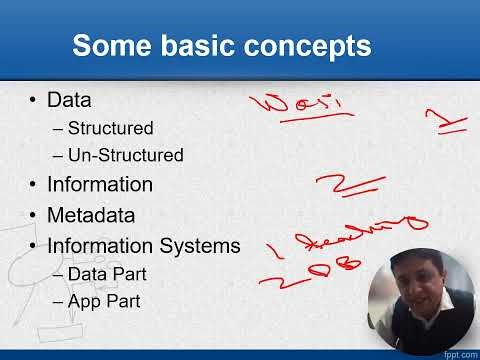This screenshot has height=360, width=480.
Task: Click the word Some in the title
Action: [113, 46]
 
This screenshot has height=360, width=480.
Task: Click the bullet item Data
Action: [70, 100]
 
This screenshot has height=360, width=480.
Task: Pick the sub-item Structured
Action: [110, 129]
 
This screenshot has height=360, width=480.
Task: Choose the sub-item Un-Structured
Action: [125, 156]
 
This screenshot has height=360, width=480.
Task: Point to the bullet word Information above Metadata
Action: [100, 185]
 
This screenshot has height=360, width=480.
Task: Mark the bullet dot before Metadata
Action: [34, 215]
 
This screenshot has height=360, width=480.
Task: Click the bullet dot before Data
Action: [34, 100]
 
